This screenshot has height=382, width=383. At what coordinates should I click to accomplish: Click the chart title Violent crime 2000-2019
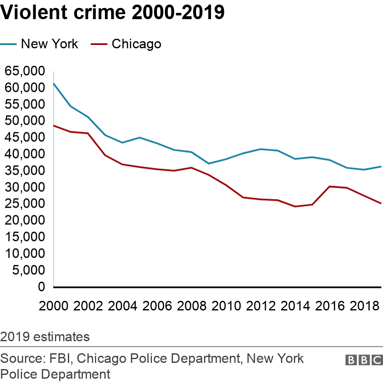pyautogui.click(x=113, y=13)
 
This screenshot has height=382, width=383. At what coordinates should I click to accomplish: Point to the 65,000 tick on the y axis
pyautogui.click(x=24, y=71)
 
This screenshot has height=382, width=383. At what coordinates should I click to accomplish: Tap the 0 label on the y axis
pyautogui.click(x=41, y=287)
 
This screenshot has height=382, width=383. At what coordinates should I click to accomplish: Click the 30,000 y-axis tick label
pyautogui.click(x=24, y=187)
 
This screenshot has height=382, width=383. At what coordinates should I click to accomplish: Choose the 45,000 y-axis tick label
pyautogui.click(x=24, y=137)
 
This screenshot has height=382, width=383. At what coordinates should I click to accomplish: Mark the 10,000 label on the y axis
pyautogui.click(x=24, y=253)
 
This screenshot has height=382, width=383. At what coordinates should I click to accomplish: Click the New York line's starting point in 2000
pyautogui.click(x=54, y=84)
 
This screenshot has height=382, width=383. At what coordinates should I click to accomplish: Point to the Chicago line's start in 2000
pyautogui.click(x=54, y=126)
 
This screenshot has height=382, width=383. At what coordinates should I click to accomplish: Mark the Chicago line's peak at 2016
pyautogui.click(x=329, y=186)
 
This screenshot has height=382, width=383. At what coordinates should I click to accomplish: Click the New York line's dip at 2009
pyautogui.click(x=209, y=164)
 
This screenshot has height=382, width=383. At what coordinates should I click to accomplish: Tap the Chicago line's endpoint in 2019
pyautogui.click(x=381, y=203)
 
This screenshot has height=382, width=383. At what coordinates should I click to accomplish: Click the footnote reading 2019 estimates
pyautogui.click(x=45, y=336)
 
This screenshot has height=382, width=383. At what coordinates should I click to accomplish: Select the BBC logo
pyautogui.click(x=363, y=360)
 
